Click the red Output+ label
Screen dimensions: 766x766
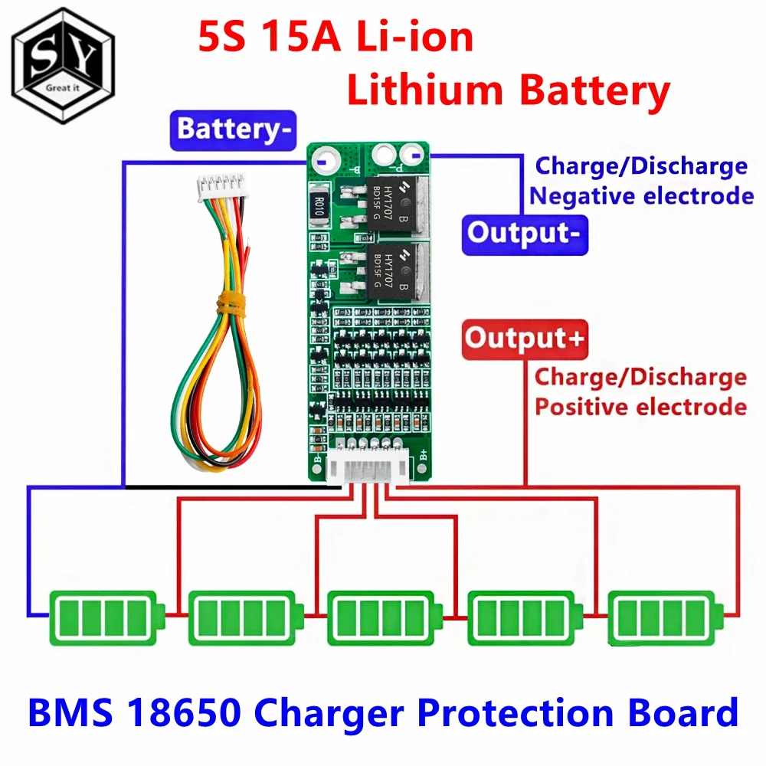coord(522,339)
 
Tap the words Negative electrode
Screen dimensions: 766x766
coord(642,195)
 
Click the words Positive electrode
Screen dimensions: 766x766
coord(640,406)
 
